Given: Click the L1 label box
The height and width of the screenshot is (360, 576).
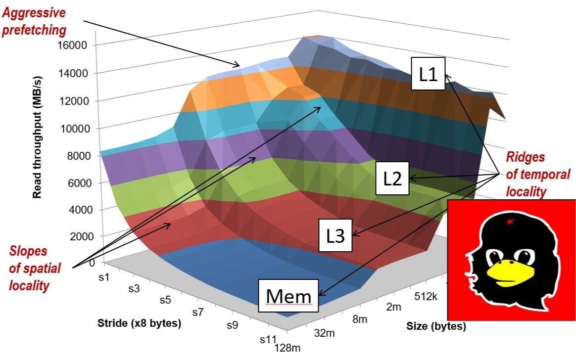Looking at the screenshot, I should tap(428, 74).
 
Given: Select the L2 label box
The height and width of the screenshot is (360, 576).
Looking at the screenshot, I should tap(392, 179).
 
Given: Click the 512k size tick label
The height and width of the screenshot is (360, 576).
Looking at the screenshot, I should tap(426, 297).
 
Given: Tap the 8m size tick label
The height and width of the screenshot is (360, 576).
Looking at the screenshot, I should tap(359, 319).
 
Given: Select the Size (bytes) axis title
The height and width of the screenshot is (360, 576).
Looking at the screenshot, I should tap(436, 326).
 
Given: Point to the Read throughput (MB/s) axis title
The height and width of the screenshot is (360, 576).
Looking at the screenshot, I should tap(37, 137).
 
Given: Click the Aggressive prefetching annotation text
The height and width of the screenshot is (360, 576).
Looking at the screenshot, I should tap(34, 21).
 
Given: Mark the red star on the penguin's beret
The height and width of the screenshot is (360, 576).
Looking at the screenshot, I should tap(510, 222).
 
